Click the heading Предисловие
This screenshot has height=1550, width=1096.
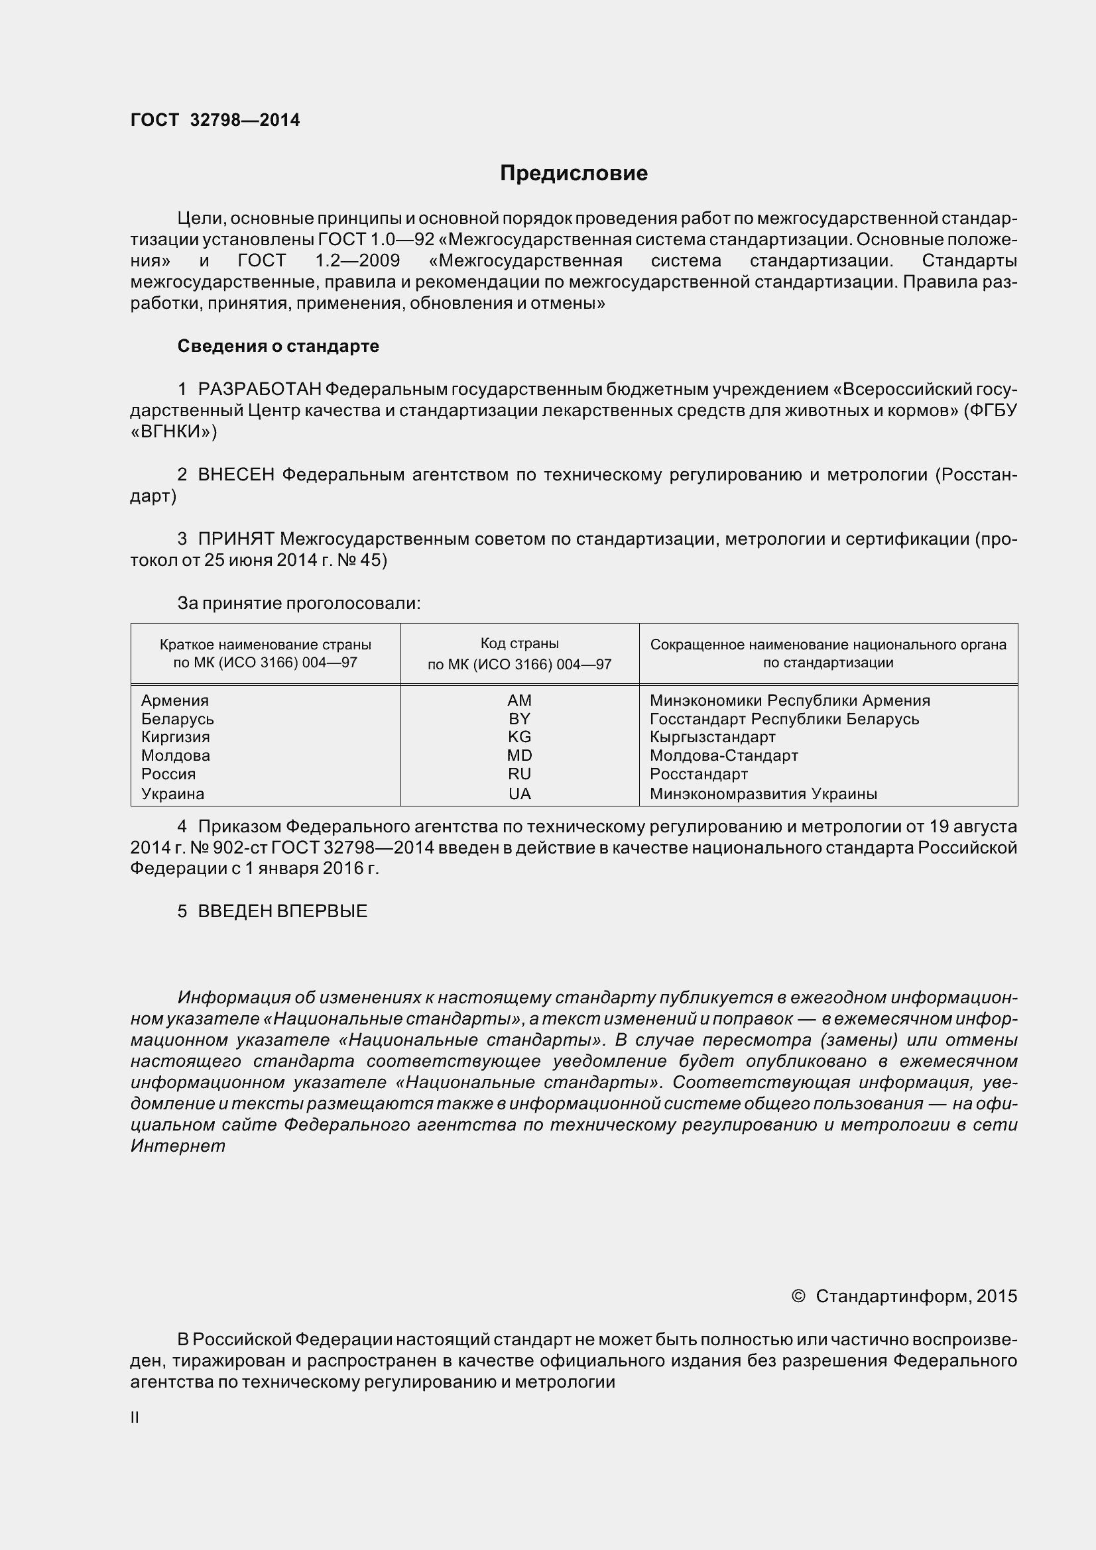(574, 174)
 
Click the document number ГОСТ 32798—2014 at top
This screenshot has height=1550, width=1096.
(215, 120)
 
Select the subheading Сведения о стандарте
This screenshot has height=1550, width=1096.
(278, 346)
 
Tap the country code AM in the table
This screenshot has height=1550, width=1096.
(519, 700)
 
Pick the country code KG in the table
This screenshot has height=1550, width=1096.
(519, 736)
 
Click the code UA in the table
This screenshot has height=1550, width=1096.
(519, 794)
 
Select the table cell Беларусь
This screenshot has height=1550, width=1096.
(178, 718)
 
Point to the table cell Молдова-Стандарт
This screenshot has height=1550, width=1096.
(724, 755)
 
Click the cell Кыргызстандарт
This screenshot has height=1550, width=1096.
(713, 736)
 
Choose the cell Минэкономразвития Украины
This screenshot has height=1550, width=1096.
(763, 794)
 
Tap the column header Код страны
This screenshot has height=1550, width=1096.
(519, 643)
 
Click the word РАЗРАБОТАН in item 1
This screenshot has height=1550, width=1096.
(259, 389)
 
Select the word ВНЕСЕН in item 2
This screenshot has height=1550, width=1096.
(235, 474)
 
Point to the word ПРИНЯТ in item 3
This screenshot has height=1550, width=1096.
(235, 539)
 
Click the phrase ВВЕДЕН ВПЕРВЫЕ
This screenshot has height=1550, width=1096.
(282, 911)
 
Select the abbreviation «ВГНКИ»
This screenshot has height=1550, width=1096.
(174, 432)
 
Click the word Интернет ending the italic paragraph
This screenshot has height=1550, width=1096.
(178, 1146)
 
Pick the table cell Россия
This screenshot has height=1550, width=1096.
(168, 773)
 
